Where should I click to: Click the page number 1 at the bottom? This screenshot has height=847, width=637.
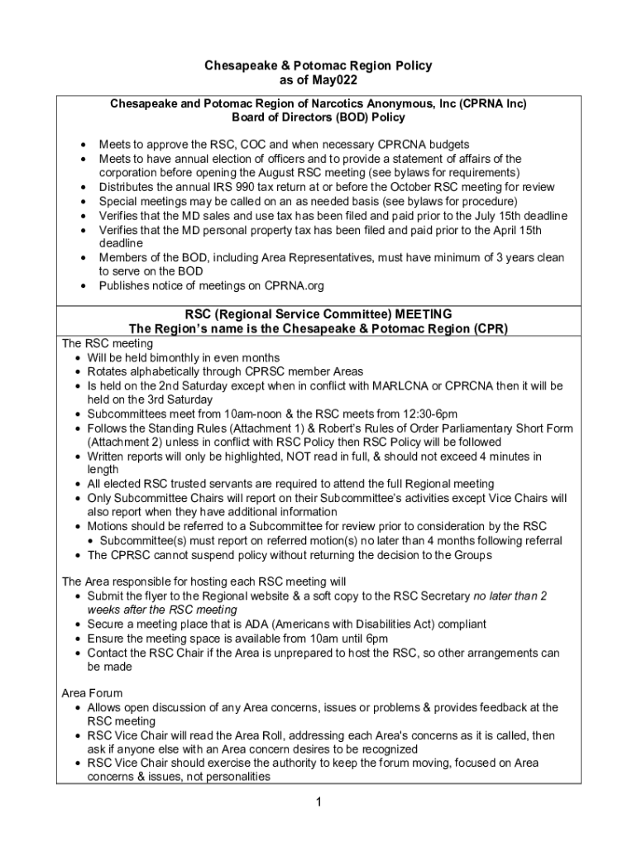click(318, 802)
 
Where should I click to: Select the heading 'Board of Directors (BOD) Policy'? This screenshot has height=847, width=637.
click(318, 117)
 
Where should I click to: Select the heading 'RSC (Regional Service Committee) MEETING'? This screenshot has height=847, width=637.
click(318, 314)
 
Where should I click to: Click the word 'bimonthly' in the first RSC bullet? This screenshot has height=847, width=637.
click(181, 358)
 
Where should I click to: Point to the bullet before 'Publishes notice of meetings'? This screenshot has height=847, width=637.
click(86, 285)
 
